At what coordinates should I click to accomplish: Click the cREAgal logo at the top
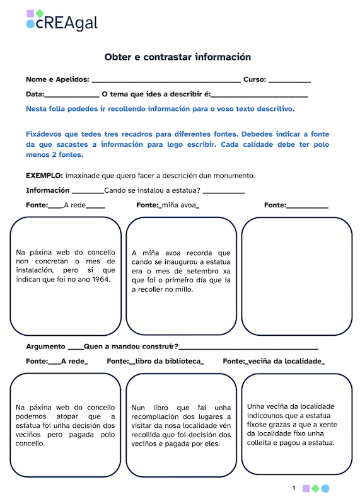click(62, 21)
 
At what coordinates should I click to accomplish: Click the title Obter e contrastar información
click(178, 57)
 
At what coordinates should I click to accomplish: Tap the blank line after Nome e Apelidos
click(166, 81)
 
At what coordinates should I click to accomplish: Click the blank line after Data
click(71, 95)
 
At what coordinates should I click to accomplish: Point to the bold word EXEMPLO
click(44, 175)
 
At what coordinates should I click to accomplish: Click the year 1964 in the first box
click(99, 280)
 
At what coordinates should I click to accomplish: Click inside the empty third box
click(296, 276)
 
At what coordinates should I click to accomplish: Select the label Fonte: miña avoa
click(168, 205)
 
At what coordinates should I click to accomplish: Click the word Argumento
click(45, 346)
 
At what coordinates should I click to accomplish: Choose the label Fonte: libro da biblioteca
click(155, 361)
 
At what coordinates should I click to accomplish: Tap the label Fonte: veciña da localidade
click(274, 361)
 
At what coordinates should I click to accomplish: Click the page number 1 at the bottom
click(294, 488)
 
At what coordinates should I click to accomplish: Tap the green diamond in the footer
click(315, 488)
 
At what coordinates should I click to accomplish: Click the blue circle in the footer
click(325, 488)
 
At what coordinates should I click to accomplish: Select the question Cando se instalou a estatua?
click(153, 190)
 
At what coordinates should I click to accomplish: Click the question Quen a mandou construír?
click(131, 346)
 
